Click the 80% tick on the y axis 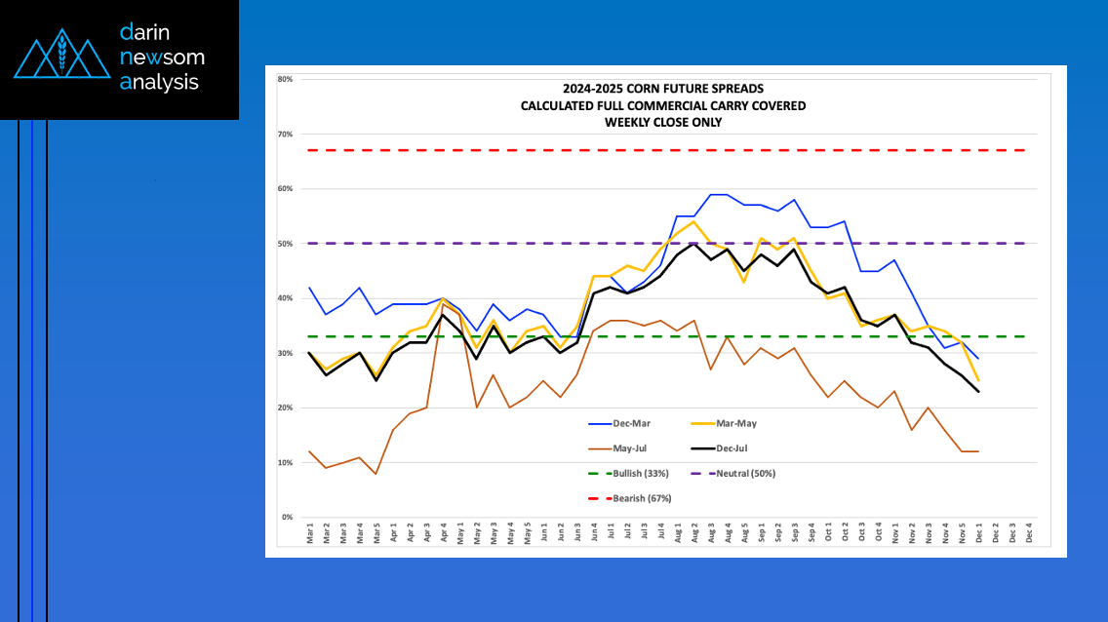pyautogui.click(x=286, y=79)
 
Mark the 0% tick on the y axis pyautogui.click(x=288, y=517)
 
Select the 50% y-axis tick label pyautogui.click(x=286, y=244)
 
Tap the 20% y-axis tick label pyautogui.click(x=286, y=408)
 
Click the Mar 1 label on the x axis pyautogui.click(x=310, y=534)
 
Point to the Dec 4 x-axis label pyautogui.click(x=1029, y=534)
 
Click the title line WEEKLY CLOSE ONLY pyautogui.click(x=663, y=122)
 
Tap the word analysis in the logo pyautogui.click(x=159, y=83)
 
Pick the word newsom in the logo pyautogui.click(x=162, y=58)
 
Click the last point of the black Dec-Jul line pyautogui.click(x=978, y=391)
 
